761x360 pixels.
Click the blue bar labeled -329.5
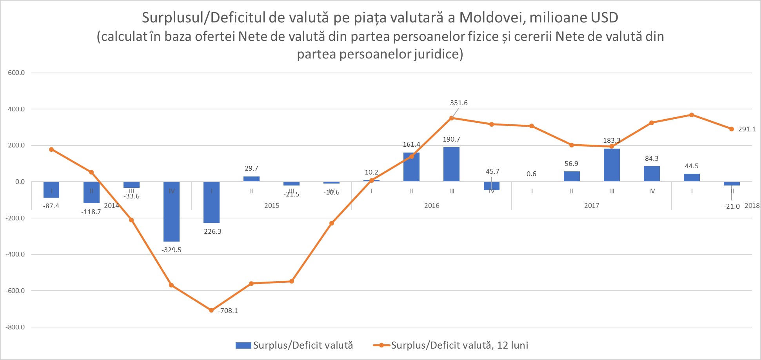[x=171, y=212]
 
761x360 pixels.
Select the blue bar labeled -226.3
[x=212, y=202]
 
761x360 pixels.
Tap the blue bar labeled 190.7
[x=451, y=164]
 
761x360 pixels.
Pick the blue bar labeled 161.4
[x=411, y=167]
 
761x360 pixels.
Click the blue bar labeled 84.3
[x=652, y=174]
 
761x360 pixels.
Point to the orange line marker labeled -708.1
[x=211, y=310]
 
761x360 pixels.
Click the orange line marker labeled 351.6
[x=452, y=118]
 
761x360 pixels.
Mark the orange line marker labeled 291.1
[x=732, y=129]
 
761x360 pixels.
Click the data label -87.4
[x=52, y=206]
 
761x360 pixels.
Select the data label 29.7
[x=251, y=168]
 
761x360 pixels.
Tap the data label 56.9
[x=571, y=164]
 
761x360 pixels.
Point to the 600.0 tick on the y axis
[x=16, y=73]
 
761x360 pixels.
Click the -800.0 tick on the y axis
[x=15, y=327]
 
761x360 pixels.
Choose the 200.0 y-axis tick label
[x=16, y=145]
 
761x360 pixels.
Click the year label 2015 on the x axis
[x=272, y=205]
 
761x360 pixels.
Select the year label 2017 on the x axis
[x=592, y=205]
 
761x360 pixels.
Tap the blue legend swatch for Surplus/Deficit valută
[x=243, y=345]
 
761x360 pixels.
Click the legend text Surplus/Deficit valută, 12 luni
[x=460, y=345]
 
